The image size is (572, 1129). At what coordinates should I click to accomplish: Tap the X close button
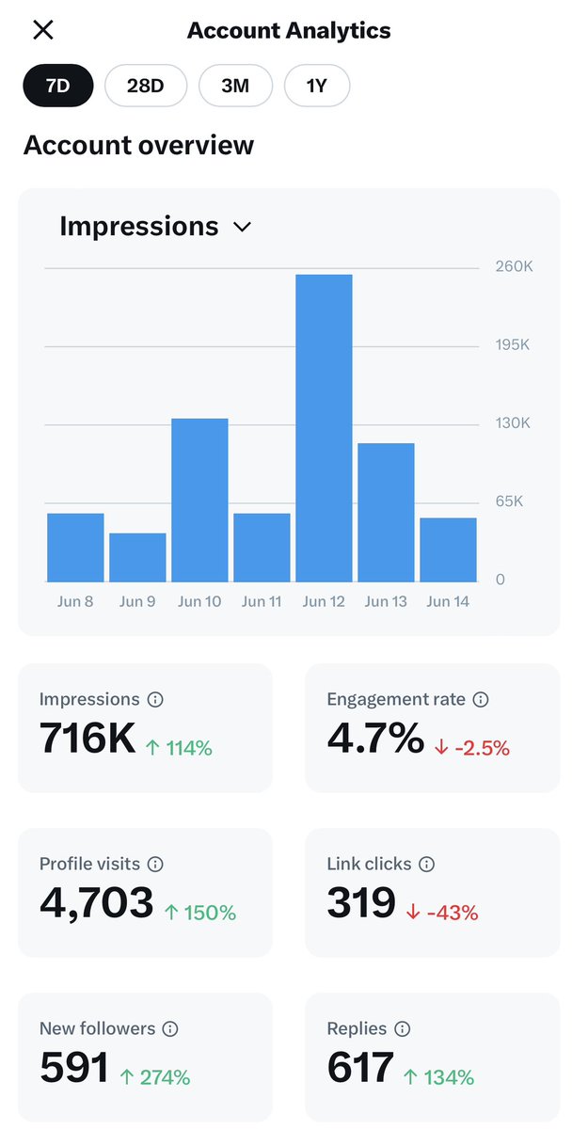(x=42, y=30)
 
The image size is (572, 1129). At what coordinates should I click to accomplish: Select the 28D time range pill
(x=146, y=87)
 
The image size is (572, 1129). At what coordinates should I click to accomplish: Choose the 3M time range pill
(x=235, y=87)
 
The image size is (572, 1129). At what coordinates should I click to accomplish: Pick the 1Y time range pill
(x=316, y=87)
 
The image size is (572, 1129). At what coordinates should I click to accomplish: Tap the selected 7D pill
(x=58, y=87)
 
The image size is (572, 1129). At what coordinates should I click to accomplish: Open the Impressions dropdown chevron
(x=242, y=227)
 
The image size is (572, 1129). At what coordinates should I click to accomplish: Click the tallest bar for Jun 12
(x=324, y=428)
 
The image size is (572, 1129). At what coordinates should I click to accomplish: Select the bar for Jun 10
(x=199, y=500)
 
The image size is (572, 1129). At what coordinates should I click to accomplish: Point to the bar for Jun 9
(x=137, y=557)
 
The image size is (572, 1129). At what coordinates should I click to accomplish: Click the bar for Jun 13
(x=386, y=512)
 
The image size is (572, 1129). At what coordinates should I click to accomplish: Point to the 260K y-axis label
(x=514, y=267)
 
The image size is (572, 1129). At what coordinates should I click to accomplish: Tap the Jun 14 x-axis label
(x=448, y=601)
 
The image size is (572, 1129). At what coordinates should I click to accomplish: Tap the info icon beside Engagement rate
(x=481, y=699)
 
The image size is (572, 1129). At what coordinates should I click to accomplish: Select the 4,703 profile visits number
(x=96, y=903)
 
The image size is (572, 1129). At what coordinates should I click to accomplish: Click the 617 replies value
(x=359, y=1068)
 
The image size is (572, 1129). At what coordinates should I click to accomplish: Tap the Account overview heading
(x=138, y=145)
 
